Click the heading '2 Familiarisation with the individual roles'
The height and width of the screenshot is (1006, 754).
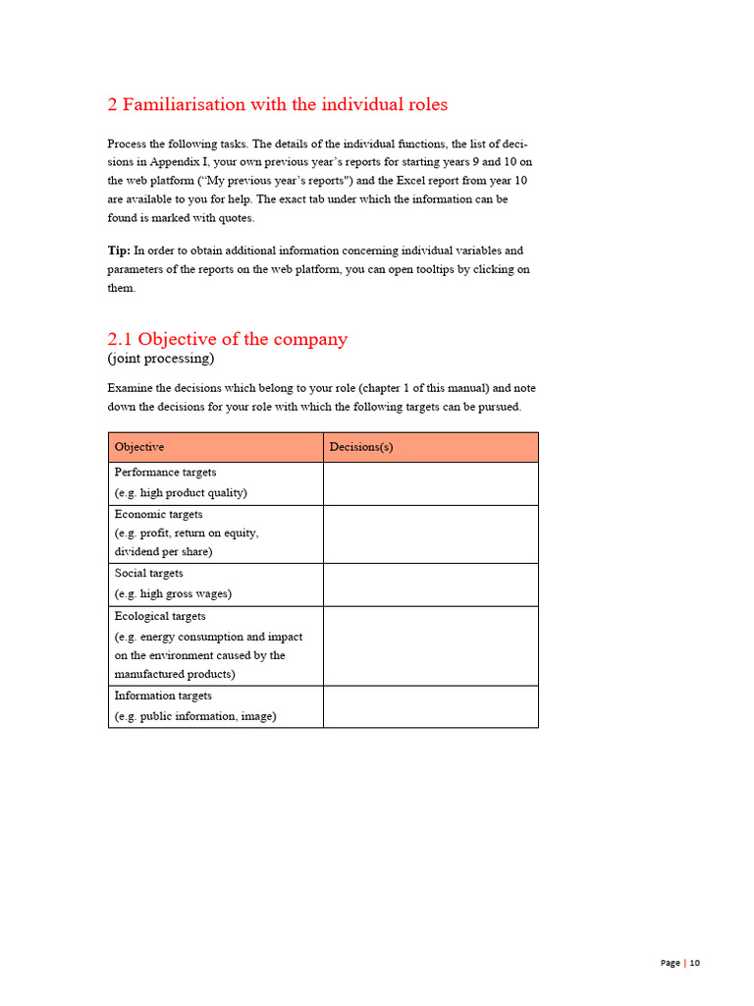point(277,104)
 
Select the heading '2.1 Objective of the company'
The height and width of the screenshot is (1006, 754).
point(227,339)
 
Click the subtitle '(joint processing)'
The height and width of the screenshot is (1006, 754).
point(160,359)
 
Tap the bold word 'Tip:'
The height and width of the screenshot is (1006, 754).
point(119,251)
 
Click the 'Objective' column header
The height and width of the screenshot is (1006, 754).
point(139,447)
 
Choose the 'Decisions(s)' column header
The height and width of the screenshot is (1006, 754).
point(361,447)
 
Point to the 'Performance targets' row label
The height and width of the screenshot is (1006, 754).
point(165,473)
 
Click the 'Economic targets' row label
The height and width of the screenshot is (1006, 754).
point(159,514)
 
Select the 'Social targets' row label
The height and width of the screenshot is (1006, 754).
point(148,573)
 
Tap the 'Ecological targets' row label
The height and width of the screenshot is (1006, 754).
point(160,616)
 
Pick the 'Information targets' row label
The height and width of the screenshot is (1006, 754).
point(163,696)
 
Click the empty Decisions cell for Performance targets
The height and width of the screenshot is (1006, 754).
point(430,483)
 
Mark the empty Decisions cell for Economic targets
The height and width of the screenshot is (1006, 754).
point(430,533)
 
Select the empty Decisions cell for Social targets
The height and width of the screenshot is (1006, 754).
point(430,585)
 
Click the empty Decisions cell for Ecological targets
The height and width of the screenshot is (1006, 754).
point(430,645)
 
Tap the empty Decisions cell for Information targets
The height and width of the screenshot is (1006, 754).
point(430,706)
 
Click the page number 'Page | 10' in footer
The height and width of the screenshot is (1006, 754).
point(679,963)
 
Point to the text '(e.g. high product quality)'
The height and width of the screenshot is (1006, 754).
point(181,493)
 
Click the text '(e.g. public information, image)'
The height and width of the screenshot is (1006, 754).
point(195,716)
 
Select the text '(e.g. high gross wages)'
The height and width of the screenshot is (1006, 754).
point(173,593)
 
